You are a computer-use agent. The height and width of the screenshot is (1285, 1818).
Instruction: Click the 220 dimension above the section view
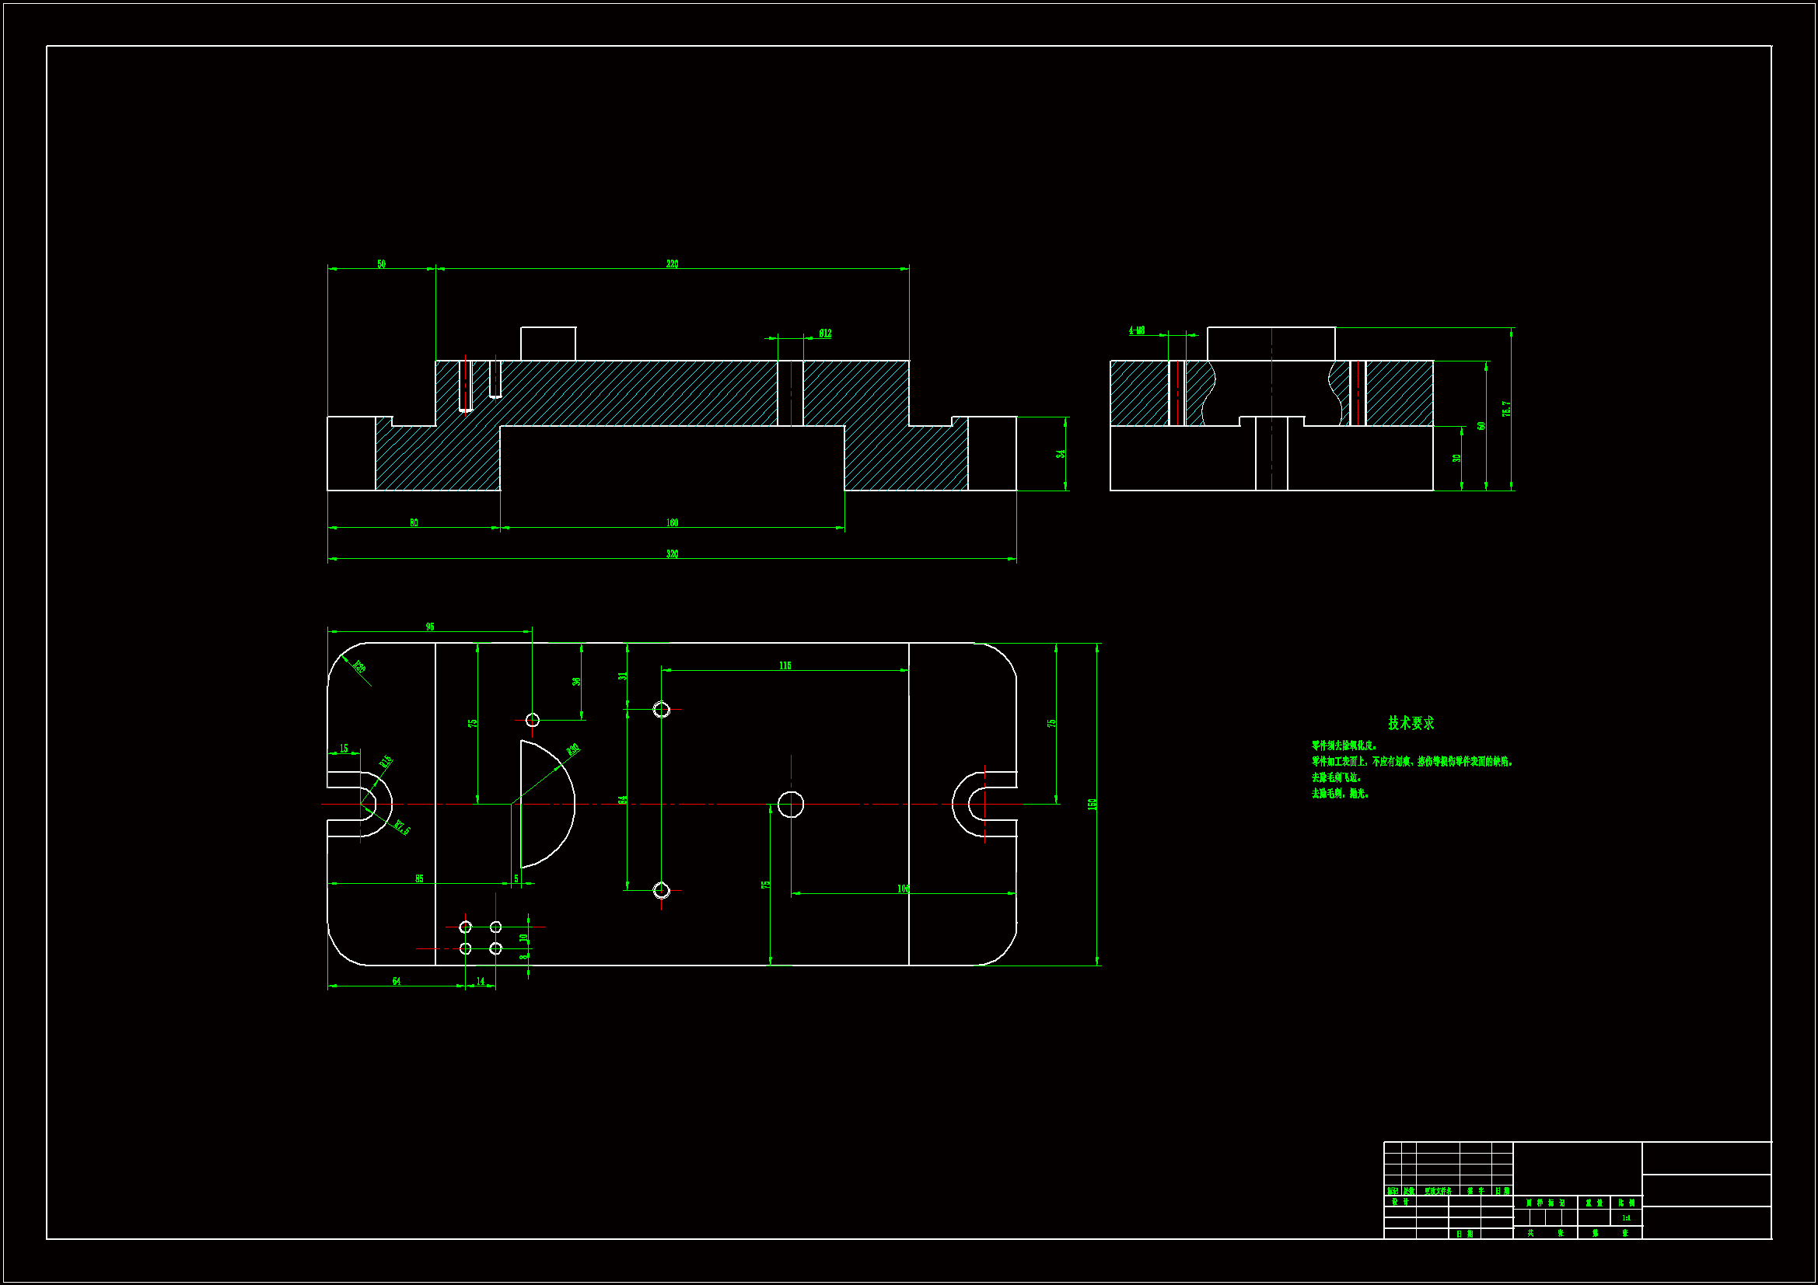click(672, 264)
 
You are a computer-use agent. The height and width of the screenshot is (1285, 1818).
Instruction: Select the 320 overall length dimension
click(672, 553)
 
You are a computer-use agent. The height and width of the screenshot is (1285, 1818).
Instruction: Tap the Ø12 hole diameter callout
click(825, 333)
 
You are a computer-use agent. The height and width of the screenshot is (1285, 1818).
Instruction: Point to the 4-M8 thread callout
click(1136, 330)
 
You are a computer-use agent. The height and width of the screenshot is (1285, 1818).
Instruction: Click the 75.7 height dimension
click(1506, 409)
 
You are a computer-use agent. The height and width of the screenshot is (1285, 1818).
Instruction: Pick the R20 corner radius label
click(358, 667)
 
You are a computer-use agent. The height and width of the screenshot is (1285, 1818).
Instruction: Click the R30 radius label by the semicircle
click(573, 749)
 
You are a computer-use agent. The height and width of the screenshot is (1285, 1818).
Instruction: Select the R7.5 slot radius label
click(402, 828)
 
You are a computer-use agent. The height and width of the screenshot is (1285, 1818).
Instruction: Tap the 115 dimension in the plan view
click(785, 665)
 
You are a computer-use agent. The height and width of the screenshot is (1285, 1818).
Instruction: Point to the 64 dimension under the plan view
click(396, 981)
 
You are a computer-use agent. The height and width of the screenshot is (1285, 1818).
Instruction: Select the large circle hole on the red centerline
click(790, 804)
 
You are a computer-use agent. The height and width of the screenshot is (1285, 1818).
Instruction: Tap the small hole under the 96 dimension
click(532, 720)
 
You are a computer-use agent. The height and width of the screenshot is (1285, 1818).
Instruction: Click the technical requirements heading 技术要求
click(1411, 723)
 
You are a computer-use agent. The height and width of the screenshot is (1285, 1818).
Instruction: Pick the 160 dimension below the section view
click(672, 522)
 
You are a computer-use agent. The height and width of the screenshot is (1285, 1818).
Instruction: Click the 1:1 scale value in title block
click(1626, 1217)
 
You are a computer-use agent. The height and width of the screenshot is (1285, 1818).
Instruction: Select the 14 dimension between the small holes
click(480, 981)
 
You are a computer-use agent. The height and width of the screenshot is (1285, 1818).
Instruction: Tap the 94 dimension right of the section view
click(1060, 454)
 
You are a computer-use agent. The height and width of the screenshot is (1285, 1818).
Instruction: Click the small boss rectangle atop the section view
click(548, 344)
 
